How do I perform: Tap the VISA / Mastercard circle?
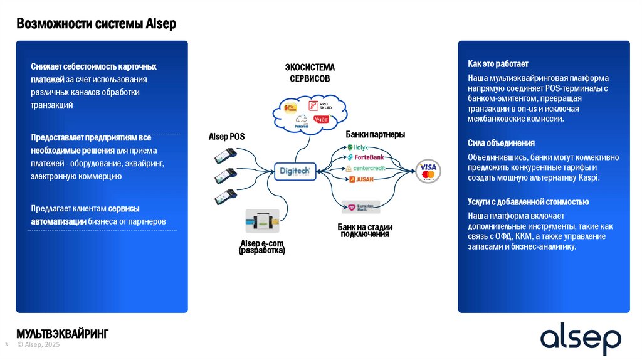[x=428, y=171]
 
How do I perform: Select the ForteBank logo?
[x=365, y=157]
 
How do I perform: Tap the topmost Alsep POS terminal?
[x=226, y=154]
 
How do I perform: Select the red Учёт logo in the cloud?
[x=322, y=119]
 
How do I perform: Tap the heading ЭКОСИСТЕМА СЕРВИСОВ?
[x=310, y=73]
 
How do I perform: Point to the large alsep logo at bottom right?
[x=581, y=339]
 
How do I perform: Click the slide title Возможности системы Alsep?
[x=96, y=24]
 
